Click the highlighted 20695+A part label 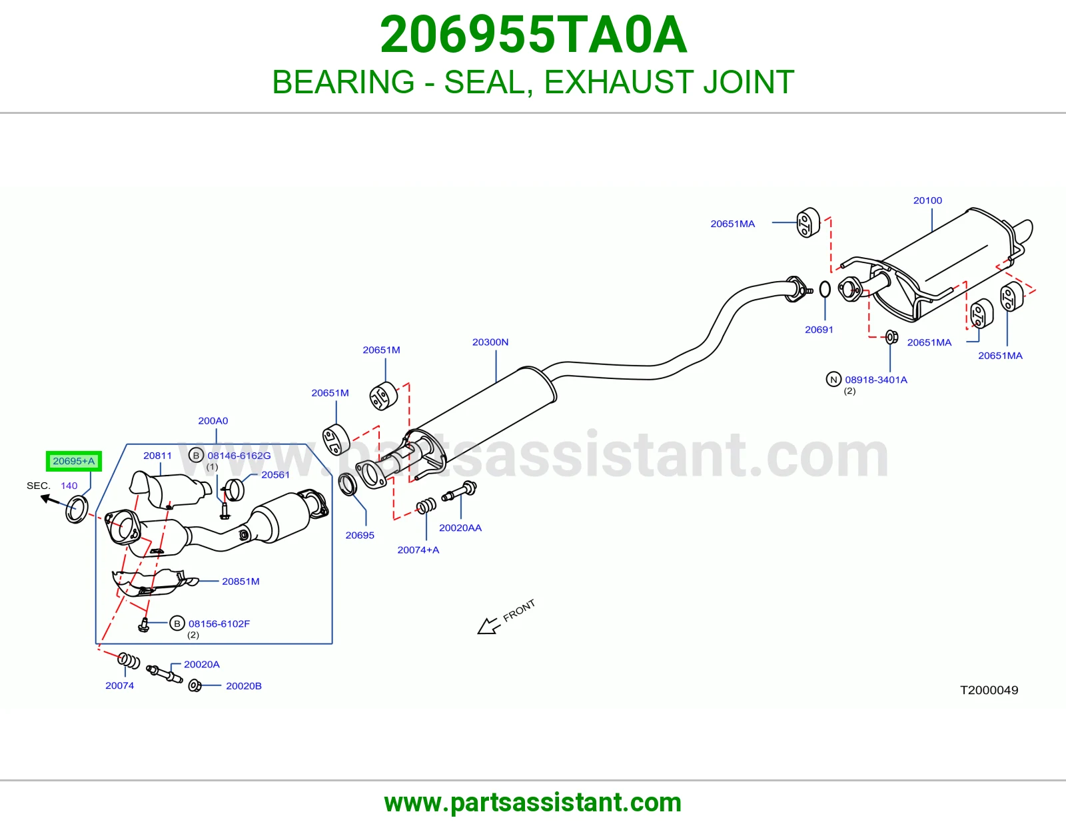coord(73,461)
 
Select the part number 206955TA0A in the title coord(533,35)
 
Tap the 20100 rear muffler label coord(927,200)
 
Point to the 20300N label coord(490,342)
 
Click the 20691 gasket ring coord(825,289)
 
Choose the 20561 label coord(275,474)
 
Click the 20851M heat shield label coord(241,582)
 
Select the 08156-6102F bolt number coord(219,623)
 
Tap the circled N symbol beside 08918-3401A coord(833,379)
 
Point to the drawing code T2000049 coord(989,690)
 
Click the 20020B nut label coord(244,685)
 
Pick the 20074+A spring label coord(418,550)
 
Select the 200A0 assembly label coord(213,420)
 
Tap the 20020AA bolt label coord(460,528)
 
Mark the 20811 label coord(157,455)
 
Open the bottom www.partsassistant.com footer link coord(533,803)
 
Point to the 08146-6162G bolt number coord(239,455)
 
